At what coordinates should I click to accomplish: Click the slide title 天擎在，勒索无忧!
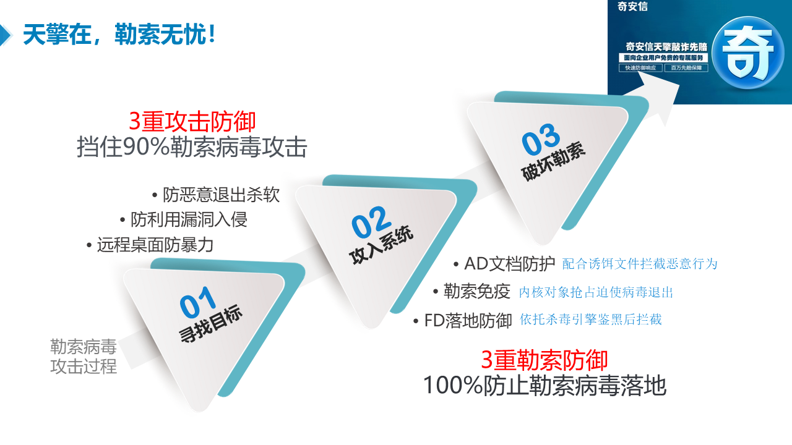tap(119, 35)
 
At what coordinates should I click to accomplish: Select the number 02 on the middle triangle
tap(371, 222)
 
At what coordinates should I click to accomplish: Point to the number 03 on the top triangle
tap(541, 139)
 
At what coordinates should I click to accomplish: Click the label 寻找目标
tap(211, 323)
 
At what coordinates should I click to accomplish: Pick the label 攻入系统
tap(381, 244)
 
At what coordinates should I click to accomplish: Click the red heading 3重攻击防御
tap(192, 122)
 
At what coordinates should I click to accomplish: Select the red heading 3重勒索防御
tap(544, 360)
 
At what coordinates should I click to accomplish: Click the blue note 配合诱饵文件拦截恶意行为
tap(640, 264)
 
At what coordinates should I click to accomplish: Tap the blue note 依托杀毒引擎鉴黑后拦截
tap(590, 320)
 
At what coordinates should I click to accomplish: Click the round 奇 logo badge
tap(748, 53)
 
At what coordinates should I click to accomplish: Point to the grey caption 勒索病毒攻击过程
tap(84, 357)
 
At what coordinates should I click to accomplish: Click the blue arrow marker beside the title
tap(6, 35)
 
